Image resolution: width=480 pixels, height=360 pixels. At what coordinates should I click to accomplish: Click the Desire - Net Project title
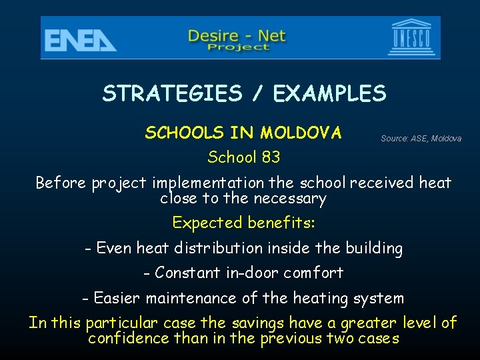pos(237,39)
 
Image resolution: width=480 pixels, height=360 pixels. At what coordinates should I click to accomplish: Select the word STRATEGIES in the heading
pos(172,93)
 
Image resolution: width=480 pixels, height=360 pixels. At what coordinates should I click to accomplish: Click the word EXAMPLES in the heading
pos(329,93)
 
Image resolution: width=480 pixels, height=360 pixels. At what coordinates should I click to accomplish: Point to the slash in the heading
pos(257,93)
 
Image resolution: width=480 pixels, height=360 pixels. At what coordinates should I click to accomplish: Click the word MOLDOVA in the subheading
pos(301,133)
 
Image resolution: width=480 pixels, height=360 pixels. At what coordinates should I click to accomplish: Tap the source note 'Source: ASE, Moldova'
pos(421,139)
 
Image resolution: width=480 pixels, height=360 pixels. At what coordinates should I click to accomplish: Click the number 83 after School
pos(270,157)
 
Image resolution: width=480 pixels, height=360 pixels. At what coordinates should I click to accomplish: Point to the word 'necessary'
pos(294,199)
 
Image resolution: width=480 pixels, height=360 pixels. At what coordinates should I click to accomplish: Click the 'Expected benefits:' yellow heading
pos(243,222)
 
